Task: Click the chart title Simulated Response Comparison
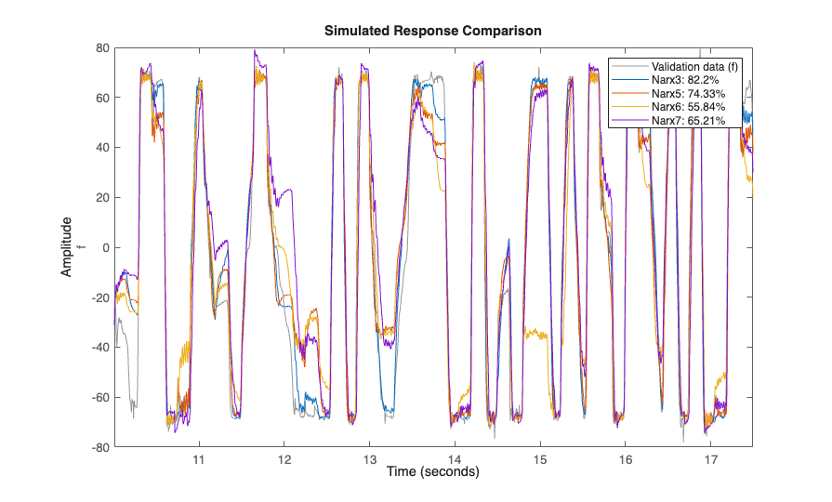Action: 432,31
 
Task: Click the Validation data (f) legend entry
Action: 695,67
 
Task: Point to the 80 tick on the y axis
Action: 103,47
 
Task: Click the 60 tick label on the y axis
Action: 103,98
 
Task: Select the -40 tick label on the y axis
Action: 100,348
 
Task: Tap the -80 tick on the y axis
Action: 100,447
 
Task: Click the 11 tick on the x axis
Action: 198,460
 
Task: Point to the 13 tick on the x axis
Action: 369,460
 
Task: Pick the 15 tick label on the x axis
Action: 540,460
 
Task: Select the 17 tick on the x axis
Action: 711,460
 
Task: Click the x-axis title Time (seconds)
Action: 432,472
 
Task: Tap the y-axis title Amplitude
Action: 67,247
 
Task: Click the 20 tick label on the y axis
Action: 103,197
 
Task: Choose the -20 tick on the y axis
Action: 100,297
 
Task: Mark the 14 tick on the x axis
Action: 455,460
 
